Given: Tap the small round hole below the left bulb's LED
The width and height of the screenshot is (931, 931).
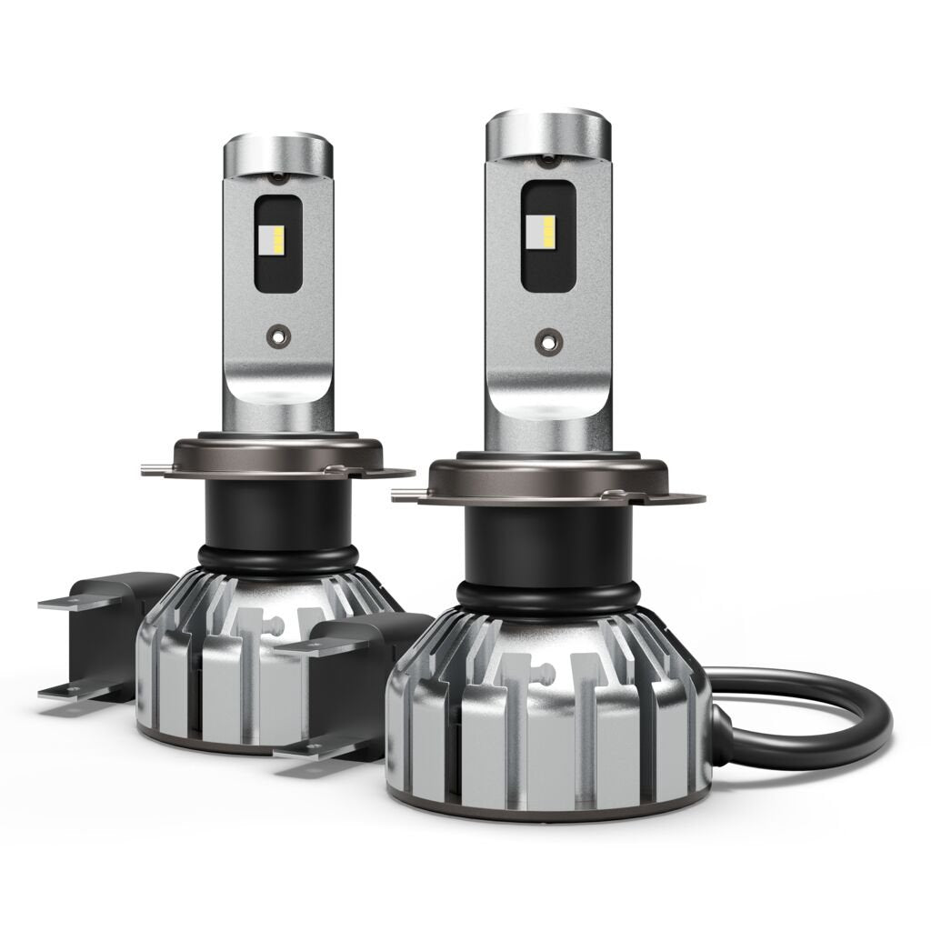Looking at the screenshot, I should (x=275, y=335).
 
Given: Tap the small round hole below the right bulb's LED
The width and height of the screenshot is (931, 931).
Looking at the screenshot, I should (x=546, y=343).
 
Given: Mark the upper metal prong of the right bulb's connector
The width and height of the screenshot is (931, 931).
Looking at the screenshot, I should (x=309, y=647).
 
